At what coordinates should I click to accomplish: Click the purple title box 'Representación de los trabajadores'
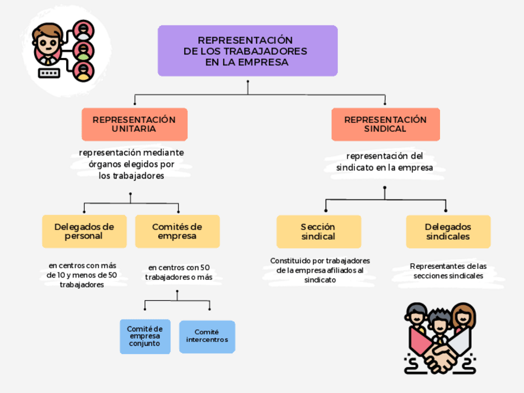247,51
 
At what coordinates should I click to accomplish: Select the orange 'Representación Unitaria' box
134,124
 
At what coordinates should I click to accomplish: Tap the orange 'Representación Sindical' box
385,124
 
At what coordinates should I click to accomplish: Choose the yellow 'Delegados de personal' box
84,231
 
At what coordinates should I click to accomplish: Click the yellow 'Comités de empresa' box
177,231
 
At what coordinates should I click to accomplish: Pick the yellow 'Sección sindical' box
318,232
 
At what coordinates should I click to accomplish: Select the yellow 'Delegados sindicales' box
447,232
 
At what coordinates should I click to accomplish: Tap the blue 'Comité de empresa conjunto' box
145,336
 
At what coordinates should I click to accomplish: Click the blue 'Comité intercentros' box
207,336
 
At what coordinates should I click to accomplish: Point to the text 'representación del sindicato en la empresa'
384,162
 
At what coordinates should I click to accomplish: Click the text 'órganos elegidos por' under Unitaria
131,164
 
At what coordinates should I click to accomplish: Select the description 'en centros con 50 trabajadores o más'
179,273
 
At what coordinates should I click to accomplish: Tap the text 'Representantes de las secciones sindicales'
448,271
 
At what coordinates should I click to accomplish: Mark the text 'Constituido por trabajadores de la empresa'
319,266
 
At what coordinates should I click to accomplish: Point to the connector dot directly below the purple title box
248,82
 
